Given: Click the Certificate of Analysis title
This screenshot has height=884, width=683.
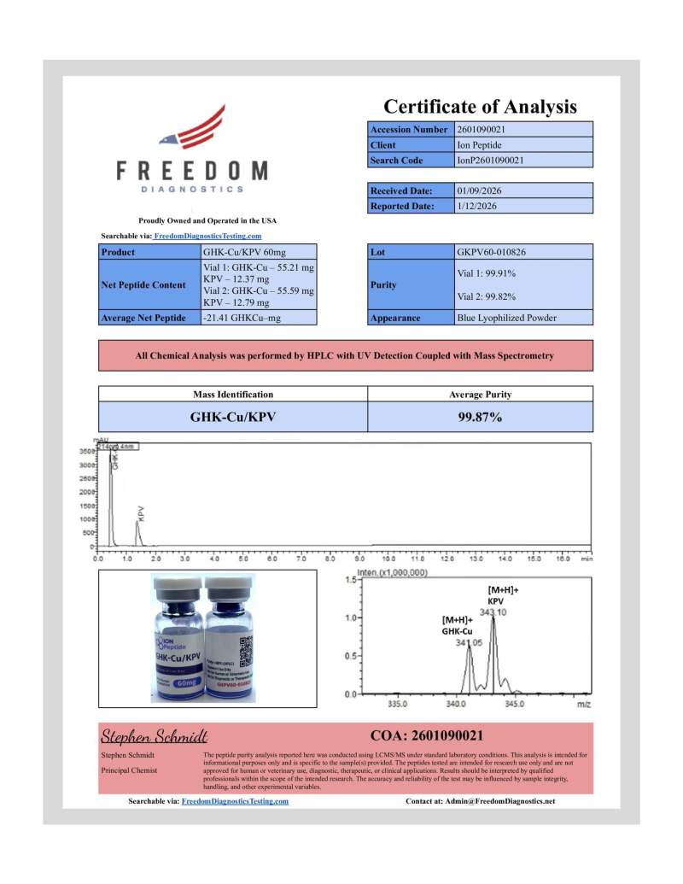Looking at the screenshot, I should tap(480, 107).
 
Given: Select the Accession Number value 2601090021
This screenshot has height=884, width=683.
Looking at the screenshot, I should tap(484, 130).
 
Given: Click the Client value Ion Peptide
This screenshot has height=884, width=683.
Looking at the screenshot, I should tap(479, 145).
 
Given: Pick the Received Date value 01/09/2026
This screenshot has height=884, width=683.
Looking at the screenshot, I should tap(484, 190).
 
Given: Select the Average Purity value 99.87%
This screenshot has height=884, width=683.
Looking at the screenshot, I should tap(480, 418).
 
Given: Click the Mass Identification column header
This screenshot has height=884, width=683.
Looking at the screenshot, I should tap(232, 395).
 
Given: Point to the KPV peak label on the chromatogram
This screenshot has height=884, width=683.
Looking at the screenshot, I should tap(142, 512).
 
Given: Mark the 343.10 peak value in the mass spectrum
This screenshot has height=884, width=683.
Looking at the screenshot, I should tap(493, 612).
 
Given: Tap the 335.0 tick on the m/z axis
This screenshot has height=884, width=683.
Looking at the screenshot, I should tap(397, 705).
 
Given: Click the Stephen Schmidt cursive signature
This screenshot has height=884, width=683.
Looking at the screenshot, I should tap(155, 735).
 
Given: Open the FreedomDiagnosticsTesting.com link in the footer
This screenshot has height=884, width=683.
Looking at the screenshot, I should tap(235, 801).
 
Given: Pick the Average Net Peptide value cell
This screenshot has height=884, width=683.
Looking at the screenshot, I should tap(259, 318).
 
